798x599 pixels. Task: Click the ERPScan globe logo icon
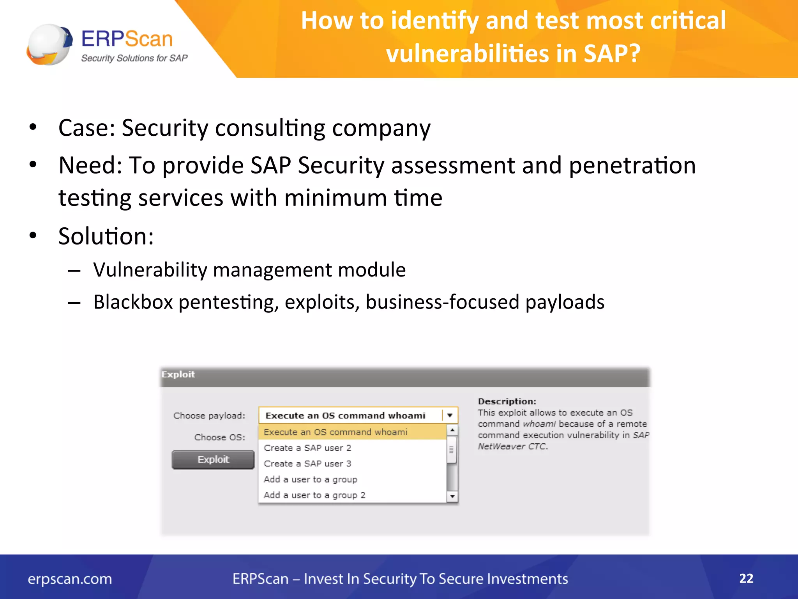(49, 44)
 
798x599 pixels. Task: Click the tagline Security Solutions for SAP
(134, 58)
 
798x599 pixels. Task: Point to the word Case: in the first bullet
(87, 128)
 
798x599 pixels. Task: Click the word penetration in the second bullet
(632, 165)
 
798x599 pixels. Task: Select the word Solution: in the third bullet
(106, 236)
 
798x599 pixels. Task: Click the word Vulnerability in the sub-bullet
(150, 270)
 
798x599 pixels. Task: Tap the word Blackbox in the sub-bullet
(133, 302)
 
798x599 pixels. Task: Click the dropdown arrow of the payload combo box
(450, 415)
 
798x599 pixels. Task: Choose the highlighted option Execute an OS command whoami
(335, 432)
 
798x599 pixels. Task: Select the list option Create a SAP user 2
(307, 448)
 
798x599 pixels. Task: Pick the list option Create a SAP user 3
(307, 464)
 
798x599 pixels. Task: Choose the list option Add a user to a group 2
(314, 495)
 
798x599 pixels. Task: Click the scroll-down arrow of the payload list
(452, 496)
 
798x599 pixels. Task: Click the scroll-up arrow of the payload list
(452, 430)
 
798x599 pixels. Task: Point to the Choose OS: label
(220, 438)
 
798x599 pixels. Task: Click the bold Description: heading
(507, 401)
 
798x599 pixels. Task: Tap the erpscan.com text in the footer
(70, 579)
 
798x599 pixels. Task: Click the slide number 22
(746, 578)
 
